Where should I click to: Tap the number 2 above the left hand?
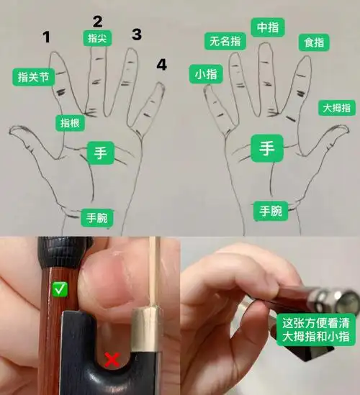(98, 21)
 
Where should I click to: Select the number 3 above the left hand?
(136, 34)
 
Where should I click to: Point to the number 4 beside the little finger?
(161, 65)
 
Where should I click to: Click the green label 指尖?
(96, 38)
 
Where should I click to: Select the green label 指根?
(71, 123)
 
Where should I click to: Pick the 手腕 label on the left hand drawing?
(98, 217)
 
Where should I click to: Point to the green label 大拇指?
(336, 108)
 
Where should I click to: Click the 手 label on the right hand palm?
(267, 149)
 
